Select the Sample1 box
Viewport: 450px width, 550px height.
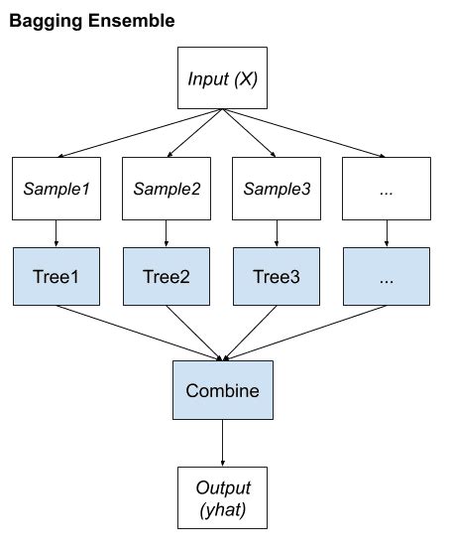(56, 186)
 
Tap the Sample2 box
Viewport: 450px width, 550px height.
(166, 186)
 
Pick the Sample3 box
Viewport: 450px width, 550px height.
(277, 186)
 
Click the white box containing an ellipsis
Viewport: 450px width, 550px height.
(387, 186)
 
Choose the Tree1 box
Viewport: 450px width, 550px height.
(56, 276)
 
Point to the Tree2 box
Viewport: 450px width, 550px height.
(166, 276)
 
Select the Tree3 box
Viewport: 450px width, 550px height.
(277, 276)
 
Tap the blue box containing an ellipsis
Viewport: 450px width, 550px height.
(387, 276)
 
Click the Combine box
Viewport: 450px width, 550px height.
(221, 390)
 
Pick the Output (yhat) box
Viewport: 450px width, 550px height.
(221, 498)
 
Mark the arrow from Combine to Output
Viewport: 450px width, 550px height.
(221, 445)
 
